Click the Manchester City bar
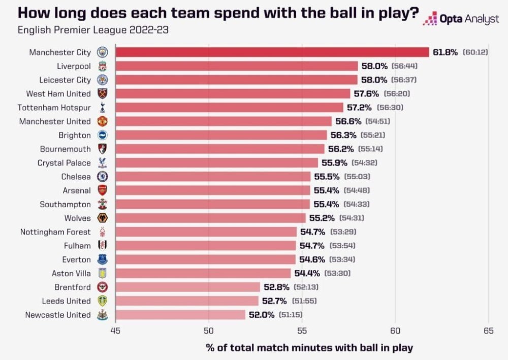272,52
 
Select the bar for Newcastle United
181,315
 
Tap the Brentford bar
187,287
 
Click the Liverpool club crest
102,66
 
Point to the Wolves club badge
102,218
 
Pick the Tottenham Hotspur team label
54,108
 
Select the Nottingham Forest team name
55,232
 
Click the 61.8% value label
446,52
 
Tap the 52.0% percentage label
262,315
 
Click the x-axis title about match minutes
309,348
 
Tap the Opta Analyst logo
461,19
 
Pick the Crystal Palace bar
216,163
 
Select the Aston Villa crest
102,274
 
